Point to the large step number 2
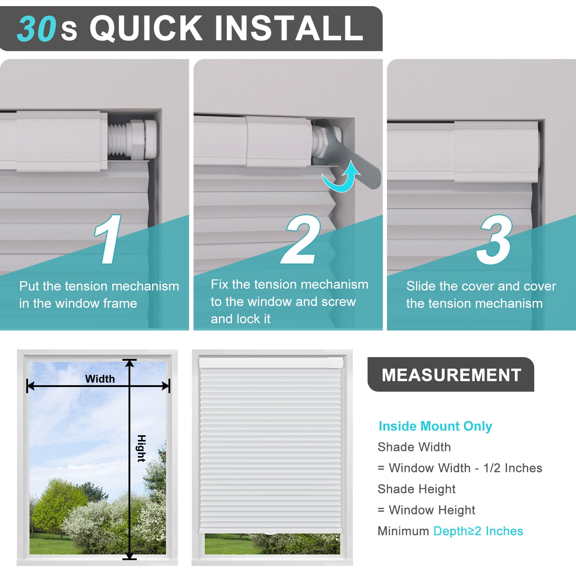tap(301, 239)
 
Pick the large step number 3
tap(494, 239)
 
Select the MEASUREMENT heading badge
tap(451, 374)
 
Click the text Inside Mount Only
tap(435, 426)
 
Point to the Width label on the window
tap(100, 379)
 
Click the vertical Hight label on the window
tap(141, 448)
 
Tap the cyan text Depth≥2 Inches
tap(478, 531)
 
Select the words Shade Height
tap(417, 489)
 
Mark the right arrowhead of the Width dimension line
tap(166, 386)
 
